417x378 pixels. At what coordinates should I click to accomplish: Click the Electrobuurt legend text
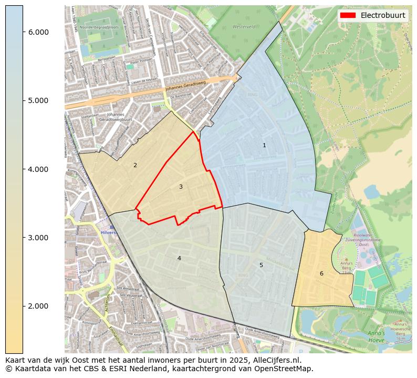click(x=382, y=15)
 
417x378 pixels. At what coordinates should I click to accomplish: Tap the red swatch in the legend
click(x=348, y=15)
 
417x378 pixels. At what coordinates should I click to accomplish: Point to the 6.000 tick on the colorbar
click(x=38, y=32)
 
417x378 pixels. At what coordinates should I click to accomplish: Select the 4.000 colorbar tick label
click(x=38, y=169)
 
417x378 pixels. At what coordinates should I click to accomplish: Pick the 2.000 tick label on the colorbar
click(x=38, y=306)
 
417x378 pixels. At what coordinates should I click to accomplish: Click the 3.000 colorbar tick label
click(x=38, y=238)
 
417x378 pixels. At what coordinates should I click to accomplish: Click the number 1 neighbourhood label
click(x=264, y=145)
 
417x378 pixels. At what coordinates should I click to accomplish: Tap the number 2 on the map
click(x=135, y=165)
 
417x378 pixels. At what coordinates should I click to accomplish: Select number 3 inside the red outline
click(x=181, y=187)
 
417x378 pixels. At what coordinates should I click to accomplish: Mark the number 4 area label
click(x=179, y=258)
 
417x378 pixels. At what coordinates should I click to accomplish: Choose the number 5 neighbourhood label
click(x=261, y=265)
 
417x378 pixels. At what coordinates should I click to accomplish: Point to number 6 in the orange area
click(x=321, y=273)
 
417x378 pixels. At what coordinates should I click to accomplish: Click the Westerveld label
click(x=244, y=26)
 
